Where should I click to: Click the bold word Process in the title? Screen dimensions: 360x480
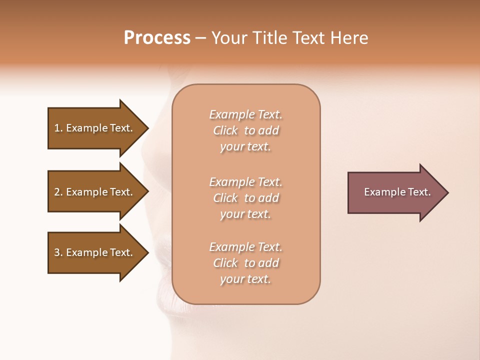(157, 38)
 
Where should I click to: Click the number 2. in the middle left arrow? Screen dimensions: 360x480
(58, 192)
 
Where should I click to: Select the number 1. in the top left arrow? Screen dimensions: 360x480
(58, 128)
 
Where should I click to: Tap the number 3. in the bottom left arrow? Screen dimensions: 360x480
(58, 252)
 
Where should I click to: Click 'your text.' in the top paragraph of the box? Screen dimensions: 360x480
(245, 147)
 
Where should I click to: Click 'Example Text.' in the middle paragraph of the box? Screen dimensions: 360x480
(245, 182)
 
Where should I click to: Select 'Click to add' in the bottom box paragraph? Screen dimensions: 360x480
(245, 263)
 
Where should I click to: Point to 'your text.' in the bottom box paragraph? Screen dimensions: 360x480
(245, 279)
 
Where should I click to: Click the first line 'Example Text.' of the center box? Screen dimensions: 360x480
(245, 114)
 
